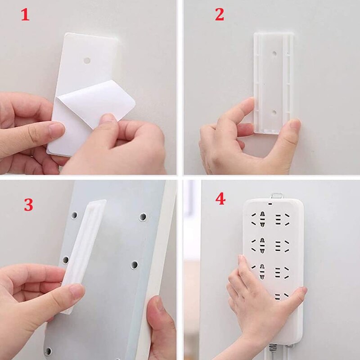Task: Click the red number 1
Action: click(25, 16)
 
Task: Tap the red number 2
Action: click(219, 15)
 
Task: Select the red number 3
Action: click(28, 205)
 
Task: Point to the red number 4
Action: click(220, 198)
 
